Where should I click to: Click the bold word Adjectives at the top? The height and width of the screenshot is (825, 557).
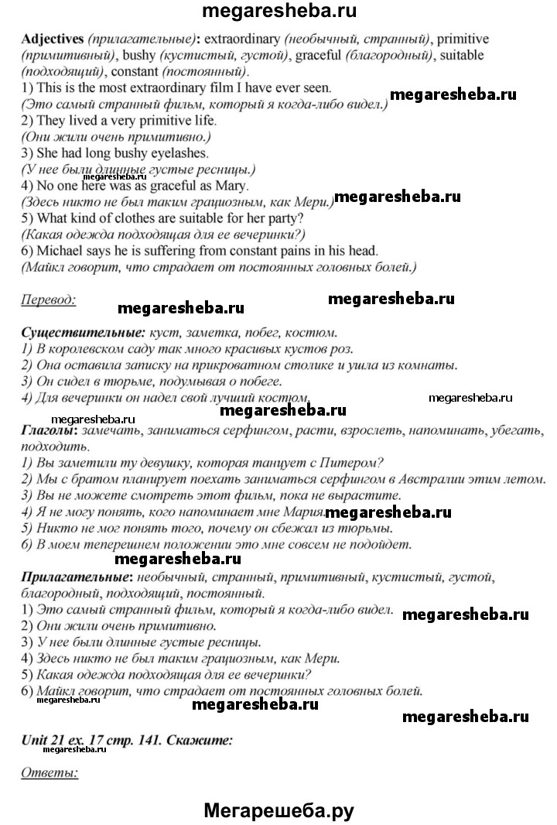[x=53, y=38]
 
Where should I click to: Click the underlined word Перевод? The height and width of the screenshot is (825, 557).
[x=48, y=300]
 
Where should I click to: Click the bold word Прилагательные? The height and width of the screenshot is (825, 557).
[x=68, y=578]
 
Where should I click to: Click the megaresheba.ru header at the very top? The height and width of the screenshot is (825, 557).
[x=278, y=12]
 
